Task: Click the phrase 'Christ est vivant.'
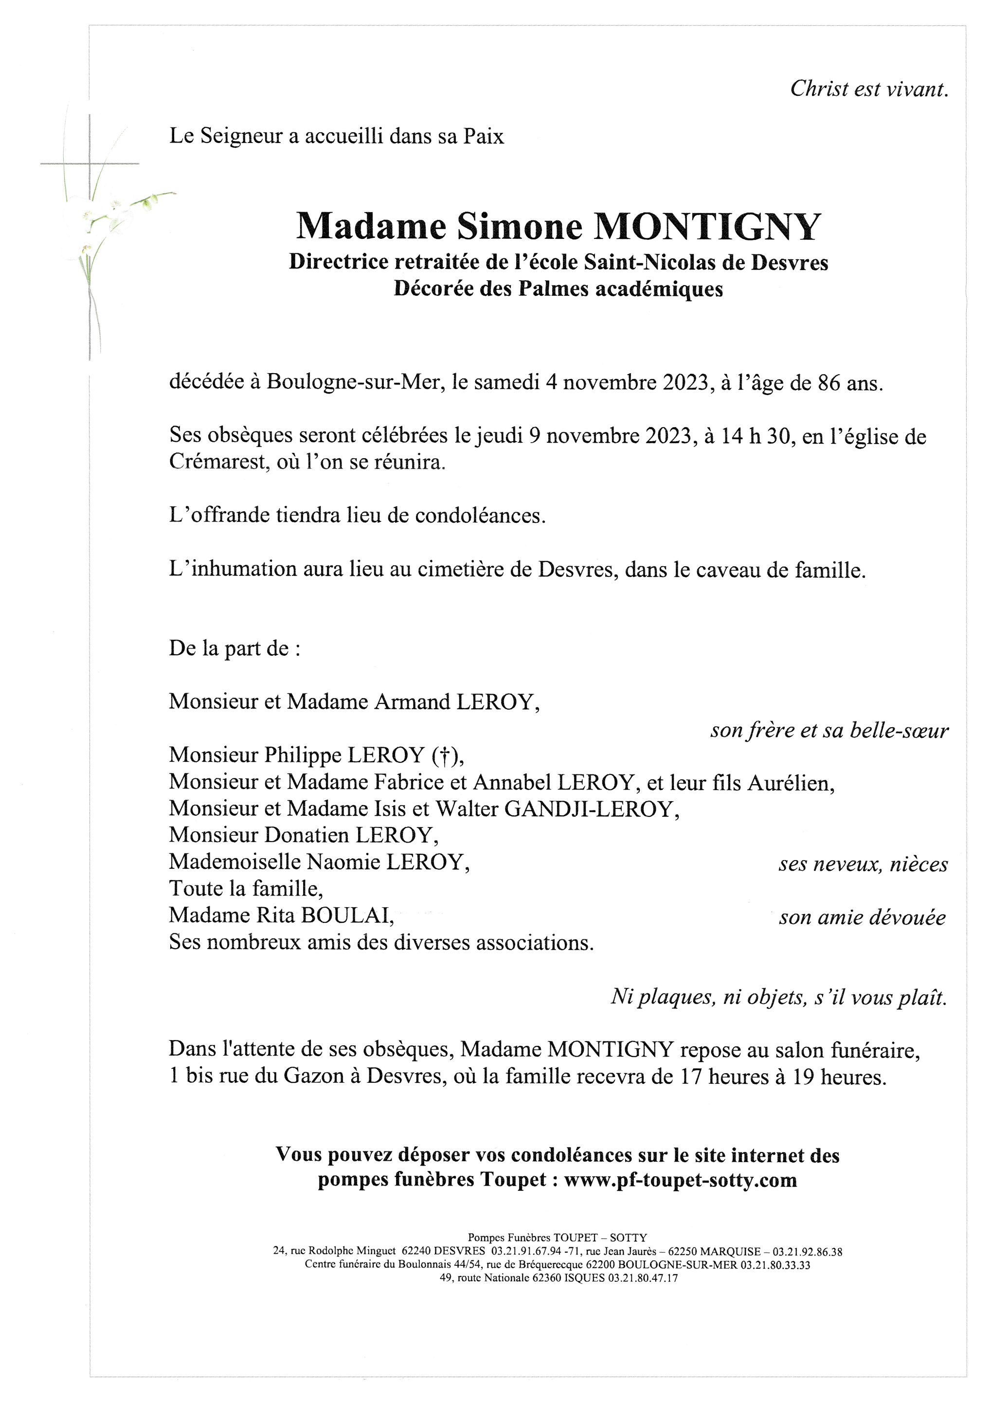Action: (x=869, y=90)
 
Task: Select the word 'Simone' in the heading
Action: (x=519, y=227)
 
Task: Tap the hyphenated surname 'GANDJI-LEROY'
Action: (x=590, y=809)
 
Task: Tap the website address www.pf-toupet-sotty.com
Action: (x=681, y=1180)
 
